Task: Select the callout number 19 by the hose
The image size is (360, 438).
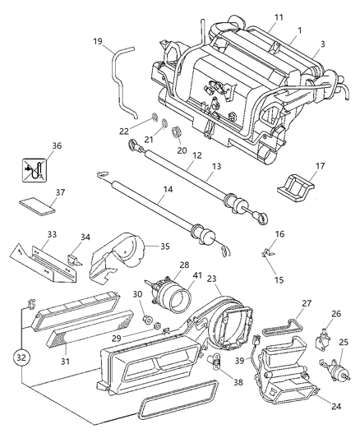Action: click(97, 40)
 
